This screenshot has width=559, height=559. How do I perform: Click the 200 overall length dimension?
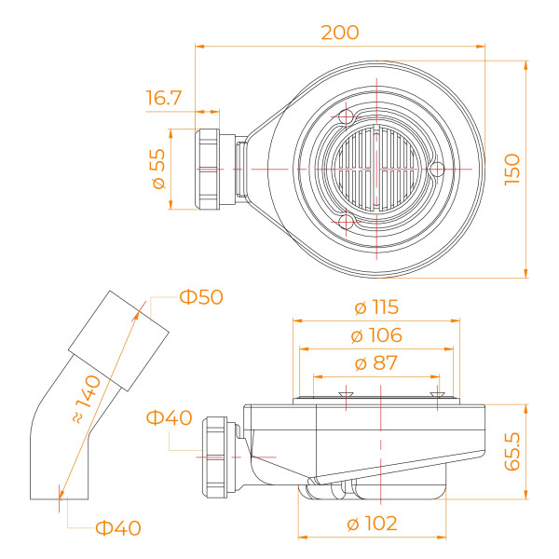tap(339, 33)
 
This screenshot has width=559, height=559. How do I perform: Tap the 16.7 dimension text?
tap(164, 97)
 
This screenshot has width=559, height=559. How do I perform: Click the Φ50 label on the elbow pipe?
tap(201, 297)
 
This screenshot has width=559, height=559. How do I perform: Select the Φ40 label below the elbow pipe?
tap(118, 528)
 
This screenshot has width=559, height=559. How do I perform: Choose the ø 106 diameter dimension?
tap(376, 335)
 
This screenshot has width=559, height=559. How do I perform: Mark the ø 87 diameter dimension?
tap(376, 363)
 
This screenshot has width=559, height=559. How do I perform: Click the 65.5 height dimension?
tap(511, 450)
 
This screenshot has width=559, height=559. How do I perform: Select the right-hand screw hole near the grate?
tap(434, 168)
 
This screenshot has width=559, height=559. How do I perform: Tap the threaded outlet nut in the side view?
tap(220, 454)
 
